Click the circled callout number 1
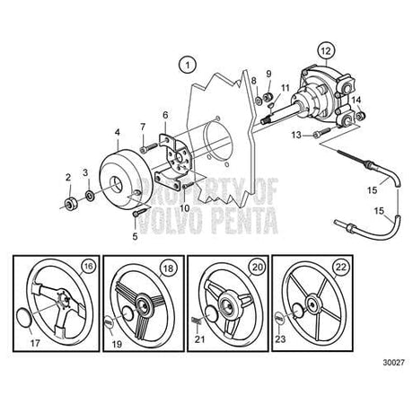pos(188,66)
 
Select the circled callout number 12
pos(326,51)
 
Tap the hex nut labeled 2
pos(72,204)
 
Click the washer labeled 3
pos(90,196)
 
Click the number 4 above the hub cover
pos(118,132)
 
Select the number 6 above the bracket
pos(165,115)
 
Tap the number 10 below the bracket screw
pos(185,208)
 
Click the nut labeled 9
pos(267,97)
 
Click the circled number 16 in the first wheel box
pos(88,266)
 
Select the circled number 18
pos(169,268)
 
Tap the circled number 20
pos(258,267)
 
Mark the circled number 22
pos(341,267)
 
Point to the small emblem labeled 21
pos(197,321)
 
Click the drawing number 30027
pos(393,363)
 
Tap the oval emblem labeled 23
pos(279,318)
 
